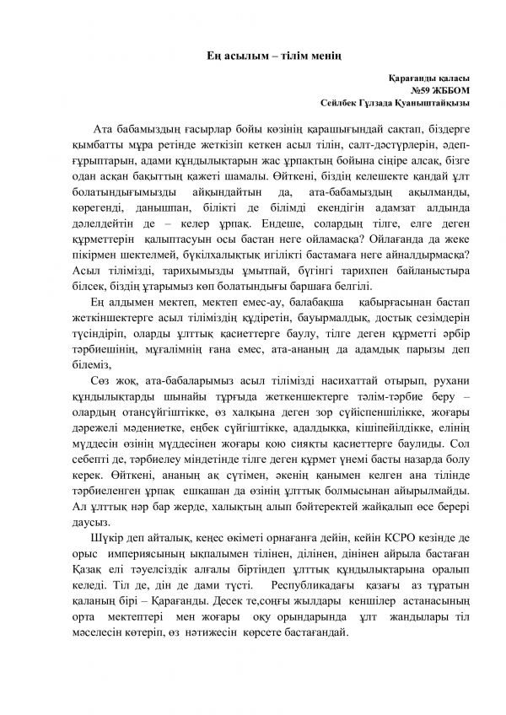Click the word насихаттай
pyautogui.click(x=341, y=397)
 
